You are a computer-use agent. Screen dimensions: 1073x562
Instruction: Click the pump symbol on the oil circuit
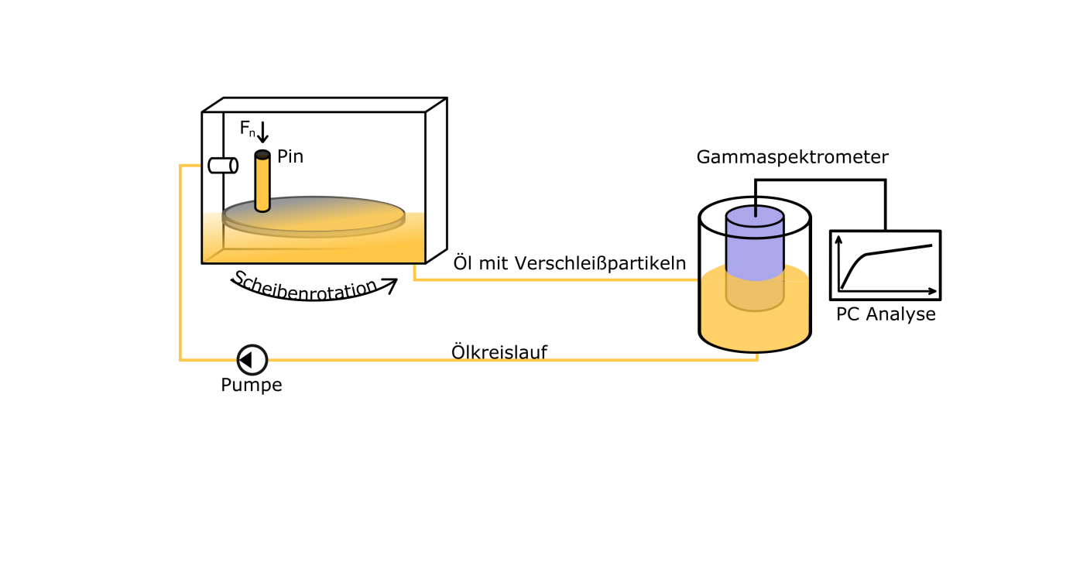[x=252, y=360]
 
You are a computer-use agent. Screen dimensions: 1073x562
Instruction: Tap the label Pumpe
[x=252, y=386]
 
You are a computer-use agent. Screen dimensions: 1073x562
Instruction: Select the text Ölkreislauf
[x=499, y=351]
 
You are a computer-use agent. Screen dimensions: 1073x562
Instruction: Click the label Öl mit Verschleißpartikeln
[x=570, y=263]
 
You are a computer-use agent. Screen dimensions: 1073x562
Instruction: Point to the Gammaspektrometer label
[x=792, y=157]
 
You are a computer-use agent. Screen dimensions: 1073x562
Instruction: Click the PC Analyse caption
[x=886, y=314]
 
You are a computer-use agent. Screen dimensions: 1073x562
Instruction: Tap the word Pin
[x=290, y=156]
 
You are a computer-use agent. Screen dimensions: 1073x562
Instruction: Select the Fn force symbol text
[x=247, y=129]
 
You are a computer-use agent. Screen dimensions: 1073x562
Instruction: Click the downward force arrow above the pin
[x=262, y=132]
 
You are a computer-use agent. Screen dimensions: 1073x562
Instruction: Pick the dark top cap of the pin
[x=262, y=154]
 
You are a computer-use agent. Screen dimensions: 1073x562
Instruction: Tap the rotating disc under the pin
[x=314, y=217]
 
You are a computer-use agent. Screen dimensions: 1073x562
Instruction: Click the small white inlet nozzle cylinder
[x=223, y=166]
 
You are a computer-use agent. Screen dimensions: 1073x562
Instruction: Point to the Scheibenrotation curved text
[x=305, y=287]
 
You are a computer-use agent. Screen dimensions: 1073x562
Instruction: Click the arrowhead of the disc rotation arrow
[x=390, y=285]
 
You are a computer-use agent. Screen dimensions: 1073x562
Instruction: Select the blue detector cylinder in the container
[x=755, y=245]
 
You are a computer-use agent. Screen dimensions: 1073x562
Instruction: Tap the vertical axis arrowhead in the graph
[x=838, y=239]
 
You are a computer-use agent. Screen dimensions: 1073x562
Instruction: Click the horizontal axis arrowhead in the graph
[x=932, y=291]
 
